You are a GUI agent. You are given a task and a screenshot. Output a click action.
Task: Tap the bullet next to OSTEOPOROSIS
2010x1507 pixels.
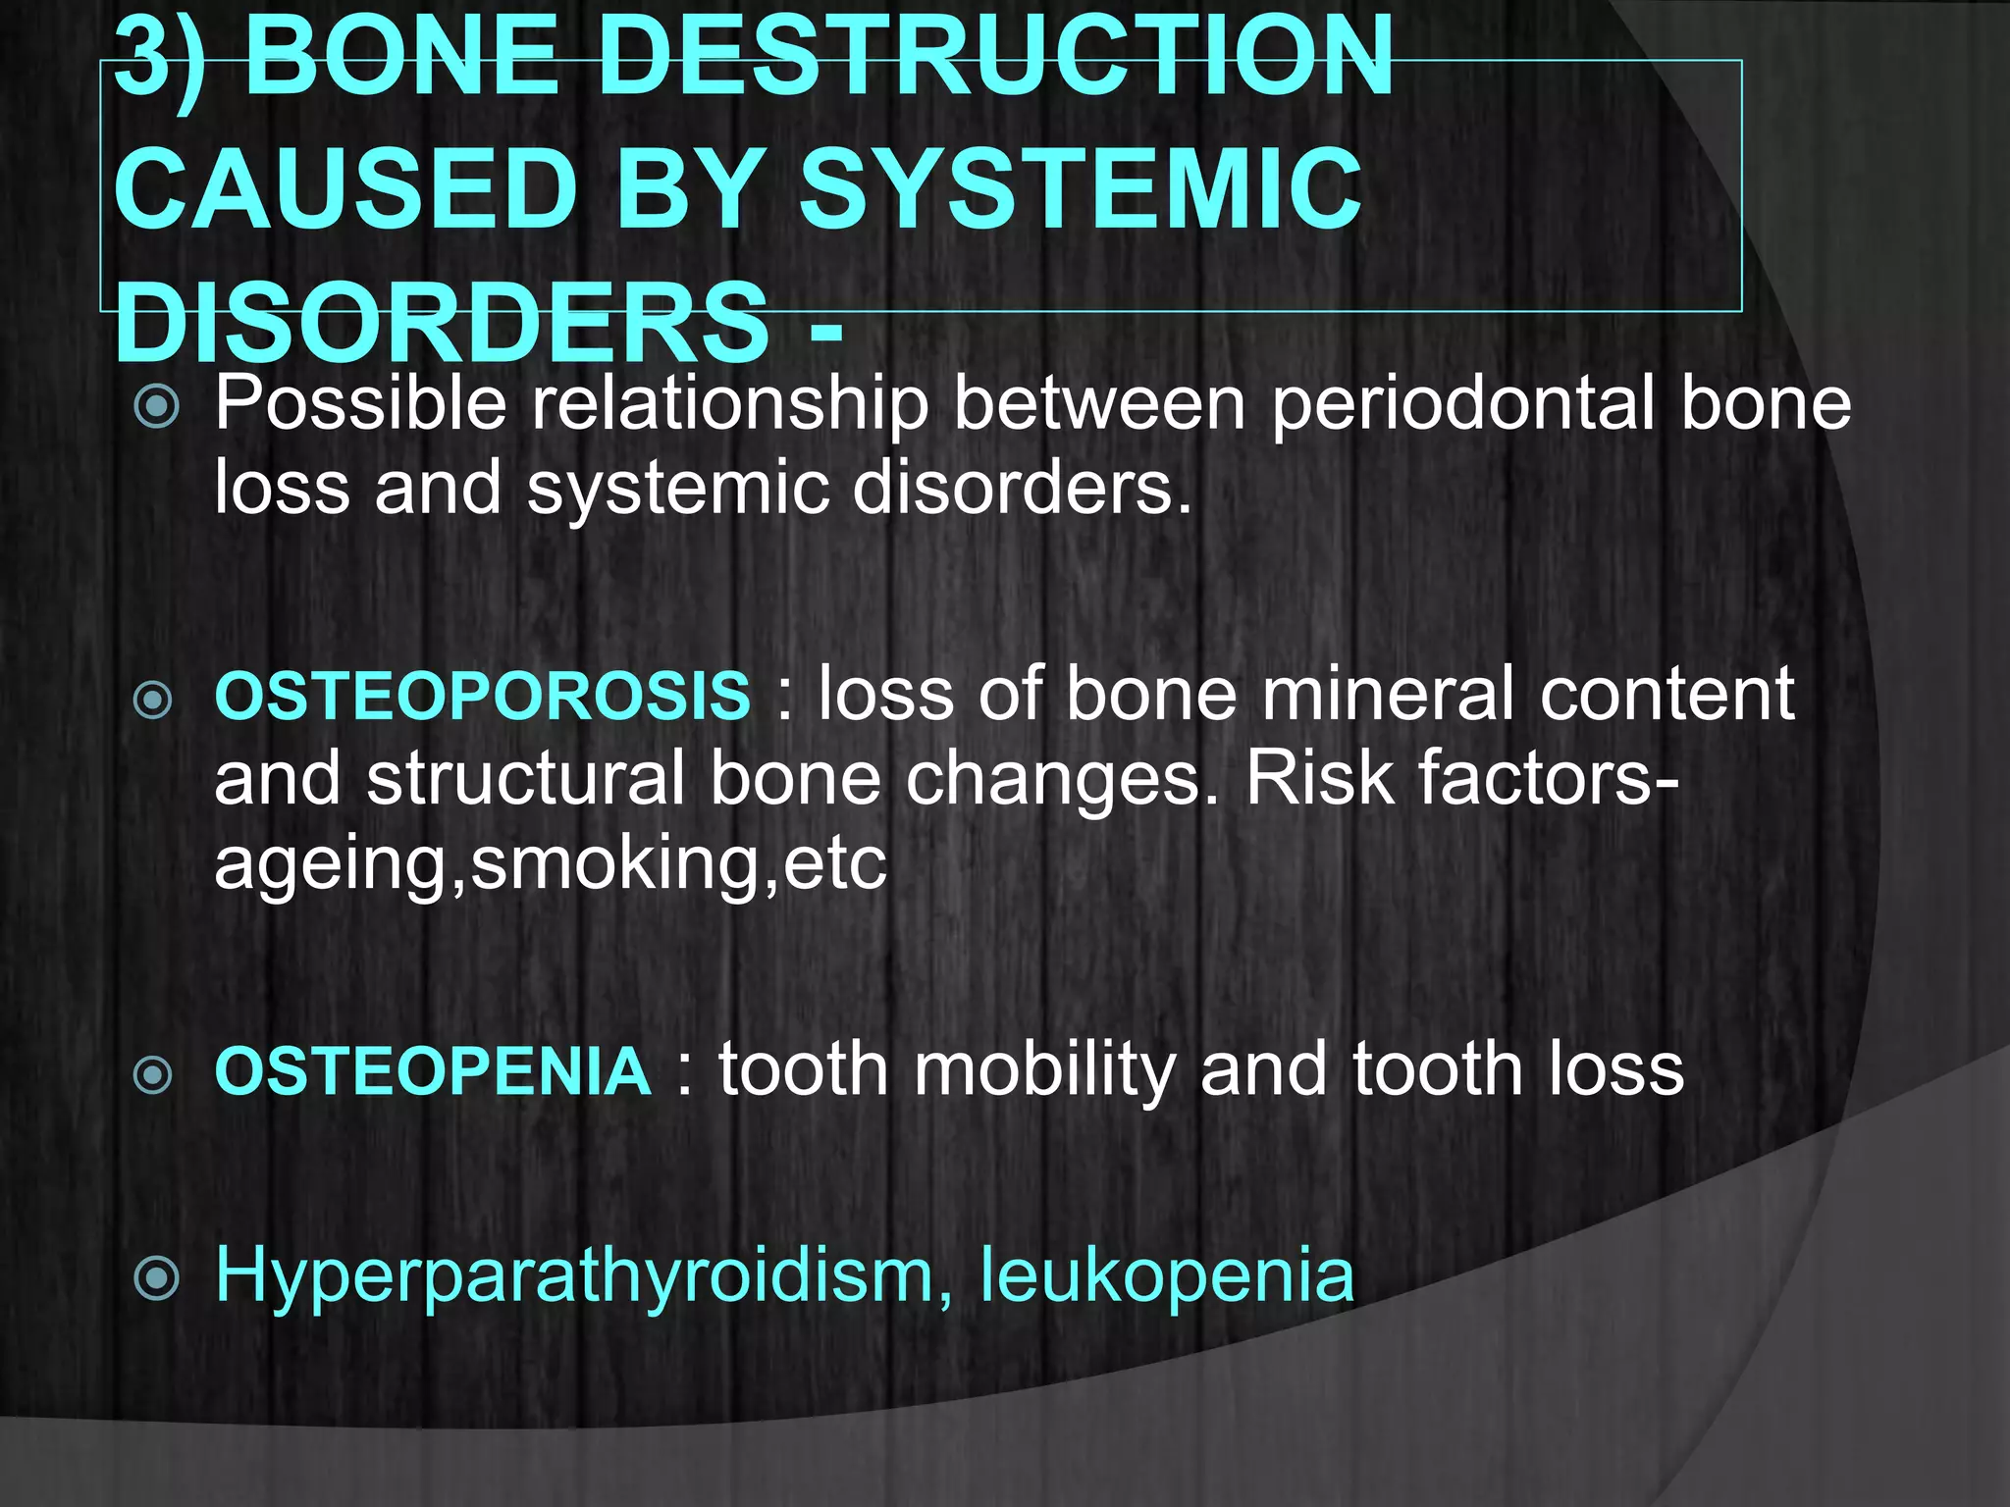pos(153,700)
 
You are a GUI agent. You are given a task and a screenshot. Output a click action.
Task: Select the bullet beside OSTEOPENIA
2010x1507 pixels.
pos(153,1075)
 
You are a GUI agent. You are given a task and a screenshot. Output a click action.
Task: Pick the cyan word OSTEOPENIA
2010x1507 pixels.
pos(433,1071)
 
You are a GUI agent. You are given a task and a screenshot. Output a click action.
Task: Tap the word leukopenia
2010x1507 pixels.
pos(1167,1275)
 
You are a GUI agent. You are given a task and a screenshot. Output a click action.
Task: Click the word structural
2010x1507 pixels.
pos(525,779)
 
